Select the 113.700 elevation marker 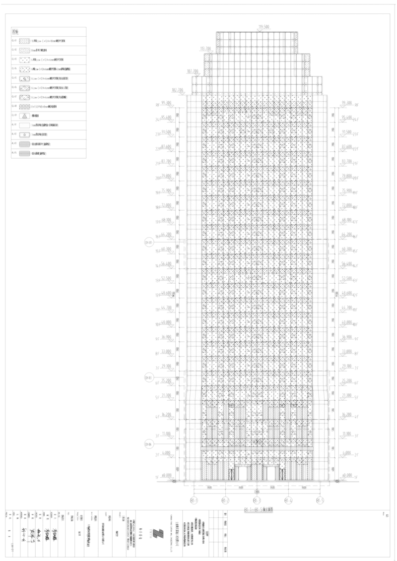coord(205,49)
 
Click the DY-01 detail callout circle coord(148,243)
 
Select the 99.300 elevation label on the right coord(347,103)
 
